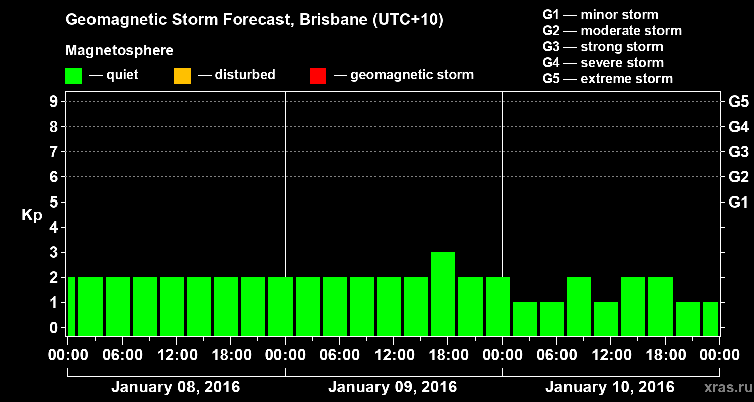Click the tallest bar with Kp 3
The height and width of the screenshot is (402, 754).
[x=443, y=293]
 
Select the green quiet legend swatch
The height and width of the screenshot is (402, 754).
[x=73, y=76]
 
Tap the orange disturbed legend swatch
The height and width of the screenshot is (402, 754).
[x=182, y=76]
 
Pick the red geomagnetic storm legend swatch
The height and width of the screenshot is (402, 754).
[x=318, y=76]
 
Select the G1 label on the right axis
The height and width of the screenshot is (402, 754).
[x=738, y=203]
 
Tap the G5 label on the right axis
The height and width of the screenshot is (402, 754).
[x=738, y=102]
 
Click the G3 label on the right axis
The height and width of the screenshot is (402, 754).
[x=738, y=152]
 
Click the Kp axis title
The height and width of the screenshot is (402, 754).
[x=32, y=215]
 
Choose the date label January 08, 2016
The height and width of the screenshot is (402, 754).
[x=175, y=387]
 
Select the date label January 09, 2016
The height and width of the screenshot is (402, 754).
[x=393, y=387]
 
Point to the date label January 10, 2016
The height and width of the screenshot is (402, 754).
[x=610, y=387]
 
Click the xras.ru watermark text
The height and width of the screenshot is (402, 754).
[x=724, y=388]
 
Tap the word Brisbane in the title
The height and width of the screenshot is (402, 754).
[x=326, y=20]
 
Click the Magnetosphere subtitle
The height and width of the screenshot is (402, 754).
[x=120, y=51]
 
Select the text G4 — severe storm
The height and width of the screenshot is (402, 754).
[x=603, y=63]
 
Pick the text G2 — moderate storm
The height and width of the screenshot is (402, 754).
[x=612, y=31]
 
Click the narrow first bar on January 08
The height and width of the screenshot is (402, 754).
[x=71, y=306]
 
